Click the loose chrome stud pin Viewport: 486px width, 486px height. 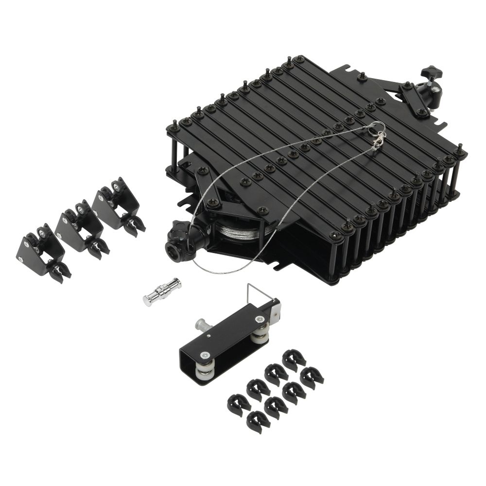(162, 292)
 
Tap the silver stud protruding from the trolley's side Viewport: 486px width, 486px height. (200, 324)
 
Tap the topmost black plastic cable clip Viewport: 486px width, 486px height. (294, 359)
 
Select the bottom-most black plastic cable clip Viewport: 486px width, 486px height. (258, 421)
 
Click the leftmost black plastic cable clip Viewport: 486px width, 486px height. (238, 403)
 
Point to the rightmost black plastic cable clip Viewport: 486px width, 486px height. (312, 378)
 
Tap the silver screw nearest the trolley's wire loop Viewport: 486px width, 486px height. (259, 319)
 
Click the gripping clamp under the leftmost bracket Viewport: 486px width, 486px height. (59, 272)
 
